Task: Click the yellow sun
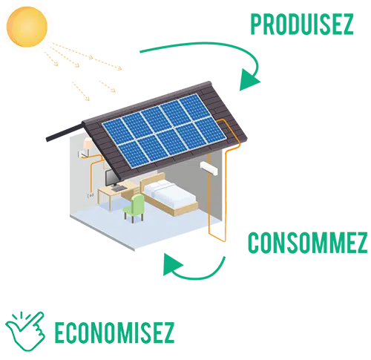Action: pos(27,27)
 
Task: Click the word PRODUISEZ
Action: pos(302,24)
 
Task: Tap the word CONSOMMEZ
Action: pos(308,243)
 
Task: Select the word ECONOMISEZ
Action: pos(114,333)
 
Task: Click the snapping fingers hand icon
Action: pos(25,331)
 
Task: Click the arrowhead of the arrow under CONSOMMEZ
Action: pos(172,264)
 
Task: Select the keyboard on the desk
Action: pos(119,189)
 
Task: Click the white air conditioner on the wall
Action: pos(209,168)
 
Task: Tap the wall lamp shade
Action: pos(88,144)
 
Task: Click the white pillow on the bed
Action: pos(158,186)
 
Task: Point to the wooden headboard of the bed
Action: pos(153,181)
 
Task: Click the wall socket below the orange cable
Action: pos(91,195)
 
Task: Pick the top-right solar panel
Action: pos(195,108)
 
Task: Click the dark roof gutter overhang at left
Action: pos(65,133)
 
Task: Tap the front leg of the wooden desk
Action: pos(110,202)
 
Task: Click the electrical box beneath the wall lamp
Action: pos(82,154)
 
